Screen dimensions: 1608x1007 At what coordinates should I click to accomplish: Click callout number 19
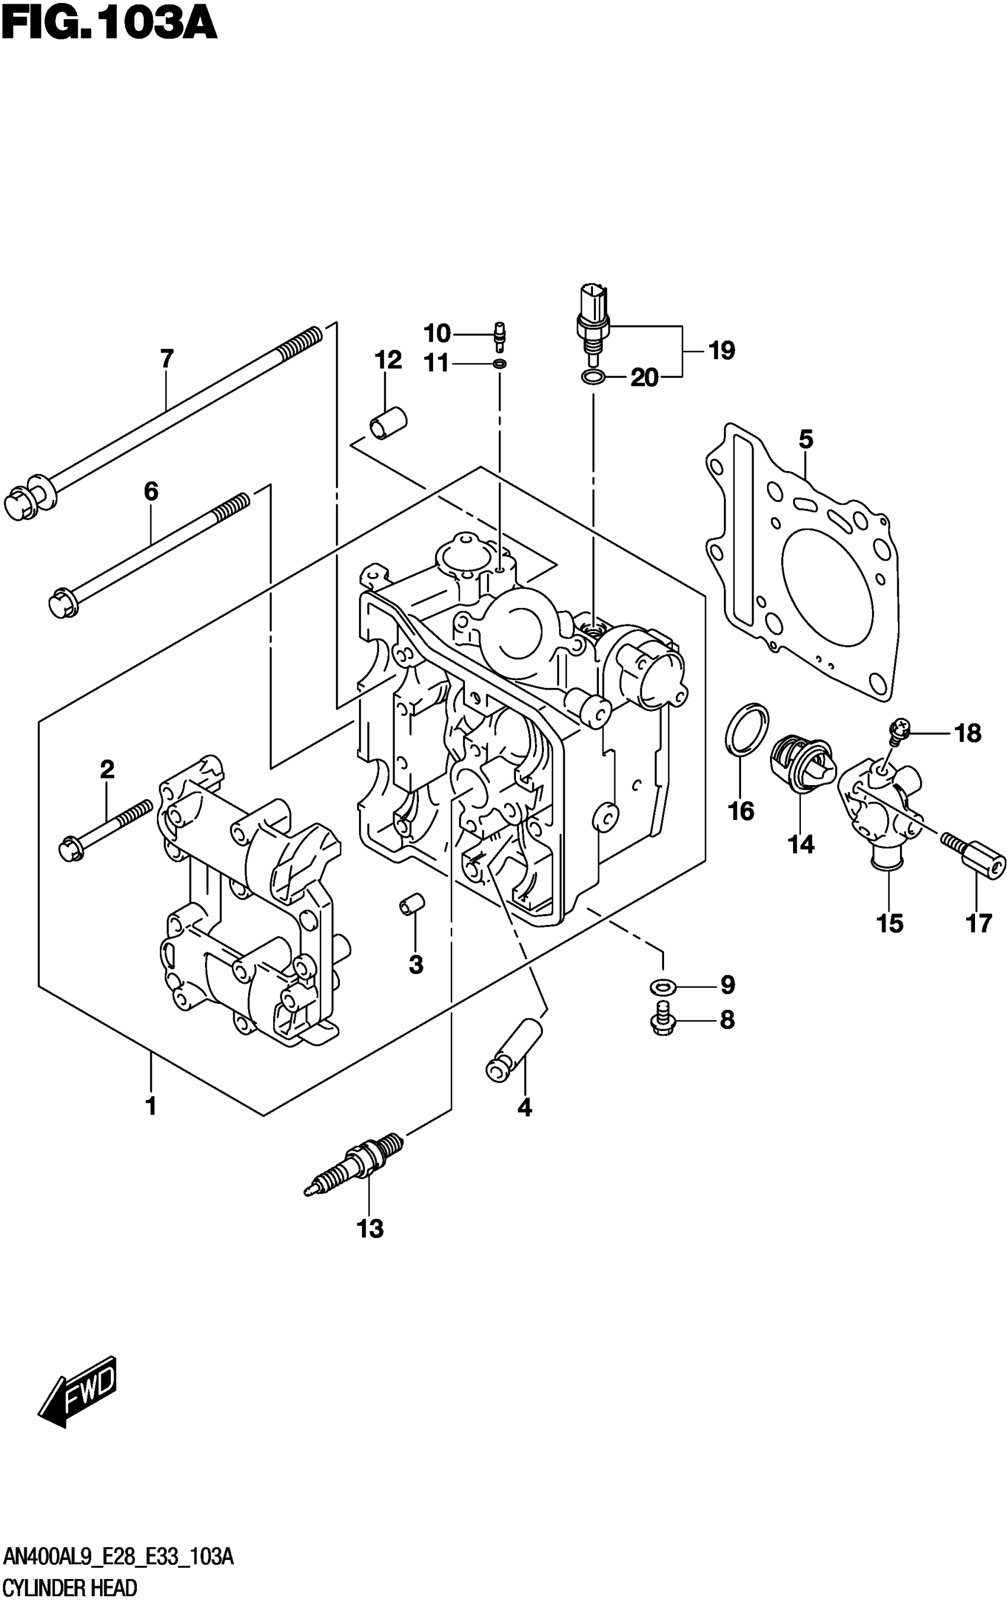[721, 350]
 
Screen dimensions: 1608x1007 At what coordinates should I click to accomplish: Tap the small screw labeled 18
[899, 729]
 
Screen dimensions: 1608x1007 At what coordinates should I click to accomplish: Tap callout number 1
[151, 1106]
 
